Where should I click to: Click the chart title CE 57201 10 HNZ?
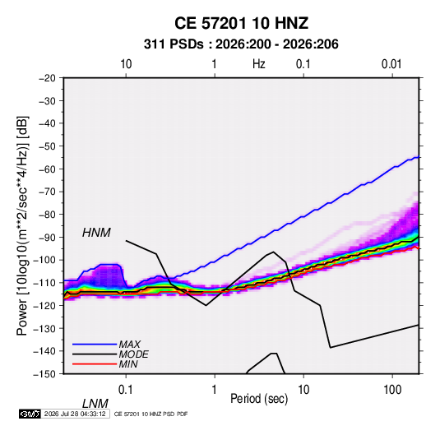(241, 23)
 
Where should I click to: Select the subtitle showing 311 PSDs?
(241, 44)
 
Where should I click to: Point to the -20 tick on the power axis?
(47, 78)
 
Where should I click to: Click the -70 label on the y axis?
(47, 192)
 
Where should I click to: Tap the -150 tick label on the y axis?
(44, 374)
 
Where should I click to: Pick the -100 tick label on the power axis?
(44, 260)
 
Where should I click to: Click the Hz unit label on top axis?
(259, 64)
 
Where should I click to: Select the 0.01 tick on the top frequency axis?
(391, 64)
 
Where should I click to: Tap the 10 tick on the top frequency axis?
(126, 64)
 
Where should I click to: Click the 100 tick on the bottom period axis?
(392, 390)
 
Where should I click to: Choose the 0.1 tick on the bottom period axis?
(126, 390)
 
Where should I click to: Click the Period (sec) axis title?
(259, 399)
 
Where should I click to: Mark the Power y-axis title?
(22, 226)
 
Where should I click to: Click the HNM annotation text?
(96, 233)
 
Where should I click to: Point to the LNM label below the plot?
(95, 404)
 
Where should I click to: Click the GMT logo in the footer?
(30, 414)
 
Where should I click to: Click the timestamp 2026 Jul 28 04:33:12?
(75, 414)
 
